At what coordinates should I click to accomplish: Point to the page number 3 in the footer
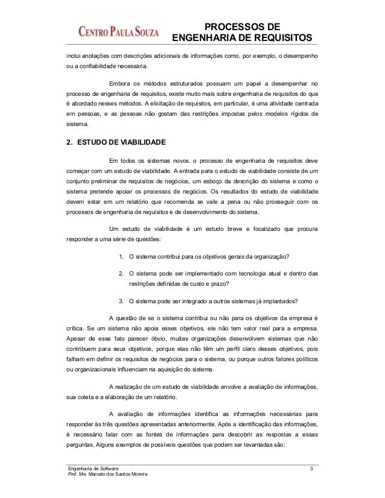click(311, 468)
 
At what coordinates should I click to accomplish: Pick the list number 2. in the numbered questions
click(122, 274)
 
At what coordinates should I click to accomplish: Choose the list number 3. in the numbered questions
click(122, 301)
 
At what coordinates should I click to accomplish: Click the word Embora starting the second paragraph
click(119, 83)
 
